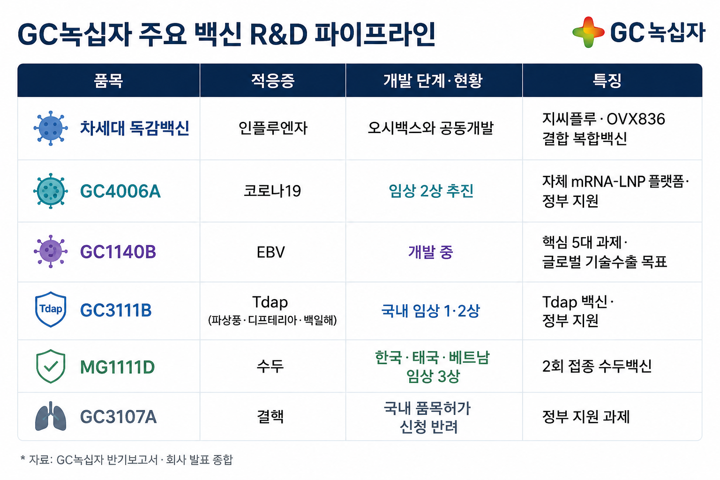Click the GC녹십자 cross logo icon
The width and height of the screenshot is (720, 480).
[589, 32]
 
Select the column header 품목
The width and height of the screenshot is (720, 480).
[108, 80]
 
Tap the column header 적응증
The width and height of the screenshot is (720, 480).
[272, 80]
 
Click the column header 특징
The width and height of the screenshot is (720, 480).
[607, 80]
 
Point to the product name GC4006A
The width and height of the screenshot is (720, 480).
[120, 191]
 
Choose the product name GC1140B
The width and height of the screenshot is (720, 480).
[118, 252]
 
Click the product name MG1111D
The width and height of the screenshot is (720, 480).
[117, 367]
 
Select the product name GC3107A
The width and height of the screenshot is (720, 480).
[118, 417]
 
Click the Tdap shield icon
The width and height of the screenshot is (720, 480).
[51, 309]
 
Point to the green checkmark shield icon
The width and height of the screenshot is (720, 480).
[51, 366]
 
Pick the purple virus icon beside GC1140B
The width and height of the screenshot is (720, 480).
[51, 251]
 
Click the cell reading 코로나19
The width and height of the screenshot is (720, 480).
[272, 191]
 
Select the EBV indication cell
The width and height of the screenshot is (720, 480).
[270, 252]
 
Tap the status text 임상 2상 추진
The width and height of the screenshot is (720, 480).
[431, 191]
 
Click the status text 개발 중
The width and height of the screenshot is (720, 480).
[431, 252]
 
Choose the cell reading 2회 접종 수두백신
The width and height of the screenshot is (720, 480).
[597, 366]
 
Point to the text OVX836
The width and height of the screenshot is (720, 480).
[636, 119]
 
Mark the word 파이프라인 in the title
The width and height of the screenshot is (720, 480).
[375, 34]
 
